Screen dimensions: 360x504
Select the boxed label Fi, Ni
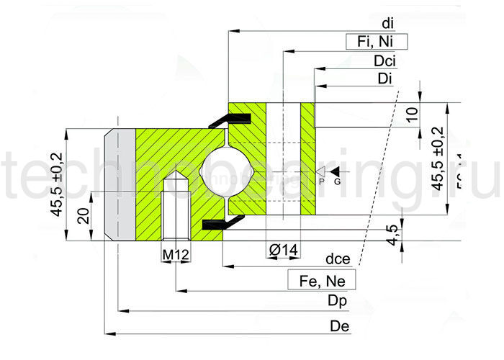[x=377, y=42]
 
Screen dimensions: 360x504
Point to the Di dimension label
[x=384, y=78]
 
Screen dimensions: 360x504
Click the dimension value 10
[x=411, y=114]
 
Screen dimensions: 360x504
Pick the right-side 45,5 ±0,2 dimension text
[x=436, y=158]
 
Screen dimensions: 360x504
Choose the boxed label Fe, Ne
[x=322, y=279]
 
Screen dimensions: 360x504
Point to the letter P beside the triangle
[x=322, y=182]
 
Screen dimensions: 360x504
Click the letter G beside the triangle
[x=336, y=182]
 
